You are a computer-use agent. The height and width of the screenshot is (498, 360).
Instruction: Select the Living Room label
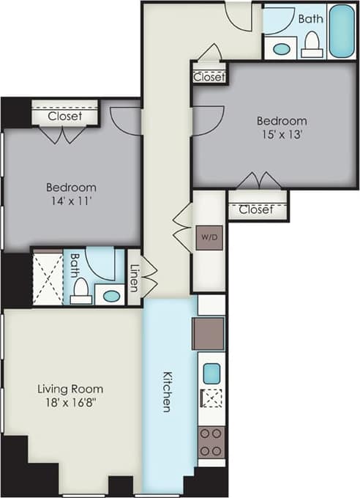(70, 389)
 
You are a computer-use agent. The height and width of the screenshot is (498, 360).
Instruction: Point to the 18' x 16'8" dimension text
(70, 402)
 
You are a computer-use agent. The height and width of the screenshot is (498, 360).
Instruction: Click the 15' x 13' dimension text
(281, 134)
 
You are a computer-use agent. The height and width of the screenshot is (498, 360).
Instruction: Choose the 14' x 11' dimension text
(71, 201)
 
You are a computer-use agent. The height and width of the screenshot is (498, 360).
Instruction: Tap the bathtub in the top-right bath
(341, 31)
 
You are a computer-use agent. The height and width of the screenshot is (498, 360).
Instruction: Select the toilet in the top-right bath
(312, 44)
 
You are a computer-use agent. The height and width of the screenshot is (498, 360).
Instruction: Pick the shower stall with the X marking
(48, 278)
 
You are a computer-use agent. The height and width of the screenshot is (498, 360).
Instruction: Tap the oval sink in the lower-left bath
(110, 296)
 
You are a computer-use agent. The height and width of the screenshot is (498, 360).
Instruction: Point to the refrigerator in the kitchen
(209, 333)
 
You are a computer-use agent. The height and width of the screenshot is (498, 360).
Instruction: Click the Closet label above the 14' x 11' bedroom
(64, 116)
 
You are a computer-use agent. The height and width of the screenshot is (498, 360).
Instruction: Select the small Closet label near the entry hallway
(209, 76)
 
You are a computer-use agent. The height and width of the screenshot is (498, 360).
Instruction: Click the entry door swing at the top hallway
(239, 16)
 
